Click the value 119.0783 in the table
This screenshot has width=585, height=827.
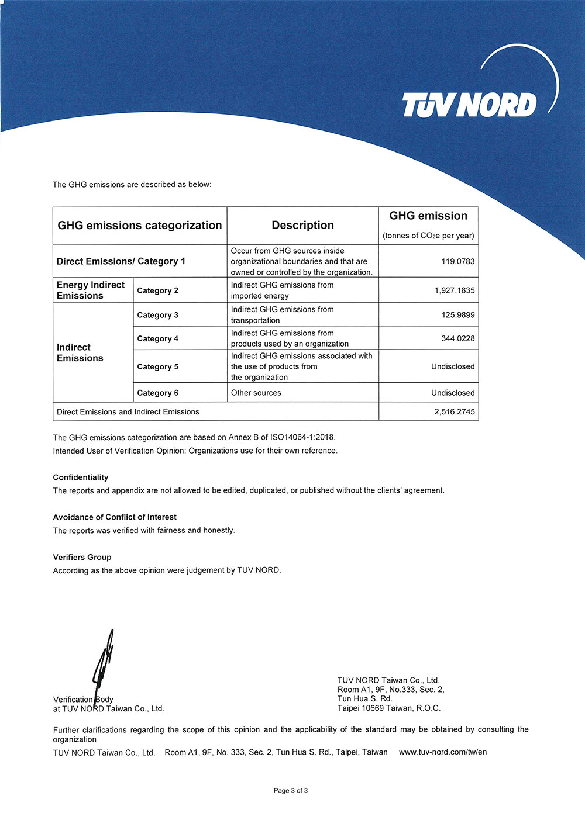click(x=457, y=261)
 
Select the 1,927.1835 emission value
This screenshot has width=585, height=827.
click(x=455, y=290)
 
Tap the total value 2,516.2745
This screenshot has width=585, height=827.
click(x=455, y=411)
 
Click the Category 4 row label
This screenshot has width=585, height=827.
click(x=157, y=338)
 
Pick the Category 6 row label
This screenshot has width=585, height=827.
click(x=157, y=393)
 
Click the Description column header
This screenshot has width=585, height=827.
click(x=302, y=225)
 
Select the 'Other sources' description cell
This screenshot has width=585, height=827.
click(x=256, y=393)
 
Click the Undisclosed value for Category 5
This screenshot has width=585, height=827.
click(x=453, y=366)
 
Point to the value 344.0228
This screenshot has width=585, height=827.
click(x=457, y=338)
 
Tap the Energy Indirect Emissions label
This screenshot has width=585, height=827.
click(x=91, y=290)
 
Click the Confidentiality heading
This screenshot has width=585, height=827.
click(x=81, y=477)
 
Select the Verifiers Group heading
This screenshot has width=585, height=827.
click(x=82, y=557)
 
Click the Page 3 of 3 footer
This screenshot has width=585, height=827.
click(x=291, y=790)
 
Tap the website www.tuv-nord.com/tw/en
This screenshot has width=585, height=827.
click(x=443, y=752)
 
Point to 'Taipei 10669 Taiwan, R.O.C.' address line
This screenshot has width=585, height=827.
click(x=389, y=708)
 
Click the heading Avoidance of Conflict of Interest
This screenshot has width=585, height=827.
click(x=115, y=517)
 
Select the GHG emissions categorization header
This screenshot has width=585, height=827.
click(x=140, y=225)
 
